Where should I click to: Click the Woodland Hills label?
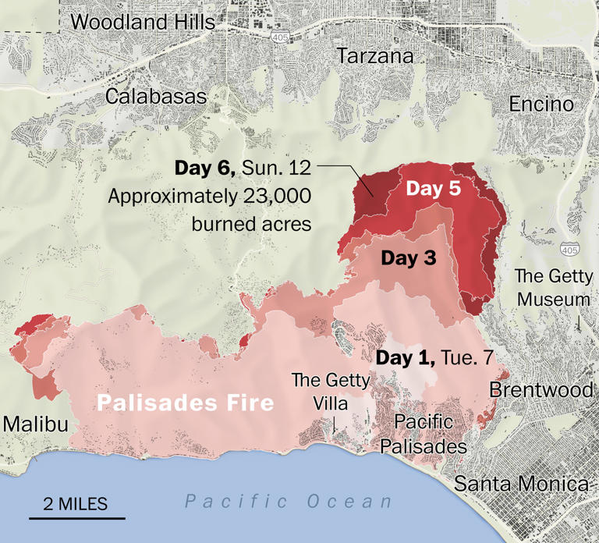[142, 22]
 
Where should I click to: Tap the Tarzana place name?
[374, 56]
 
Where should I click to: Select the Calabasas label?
[156, 97]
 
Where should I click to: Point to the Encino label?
[541, 104]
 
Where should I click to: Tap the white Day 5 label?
[434, 188]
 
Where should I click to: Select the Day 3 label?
[408, 258]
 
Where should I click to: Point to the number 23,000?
[275, 196]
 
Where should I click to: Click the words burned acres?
[251, 224]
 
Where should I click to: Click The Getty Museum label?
[555, 288]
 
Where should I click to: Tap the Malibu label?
[35, 424]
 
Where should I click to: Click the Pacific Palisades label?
[424, 434]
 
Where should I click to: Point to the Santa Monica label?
[520, 483]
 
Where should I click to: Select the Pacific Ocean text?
[289, 501]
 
